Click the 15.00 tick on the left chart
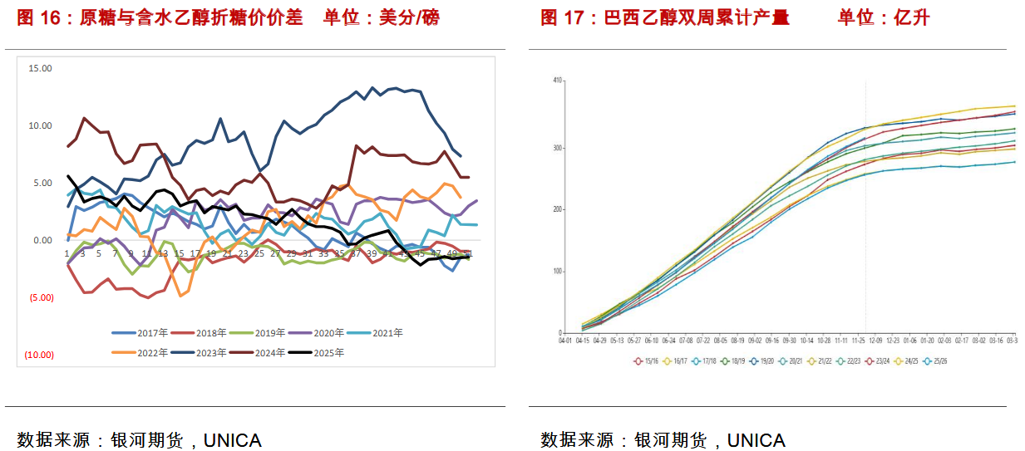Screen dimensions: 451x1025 (40, 68)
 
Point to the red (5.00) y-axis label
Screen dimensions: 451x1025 (40, 297)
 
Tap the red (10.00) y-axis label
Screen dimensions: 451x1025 (38, 355)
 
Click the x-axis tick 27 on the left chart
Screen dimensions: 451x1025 (275, 253)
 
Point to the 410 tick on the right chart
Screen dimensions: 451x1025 (557, 80)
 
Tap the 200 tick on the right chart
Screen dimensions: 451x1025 (557, 209)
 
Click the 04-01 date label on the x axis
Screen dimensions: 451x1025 (565, 341)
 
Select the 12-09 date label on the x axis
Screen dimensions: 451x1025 (875, 341)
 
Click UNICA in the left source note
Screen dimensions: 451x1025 (233, 439)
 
